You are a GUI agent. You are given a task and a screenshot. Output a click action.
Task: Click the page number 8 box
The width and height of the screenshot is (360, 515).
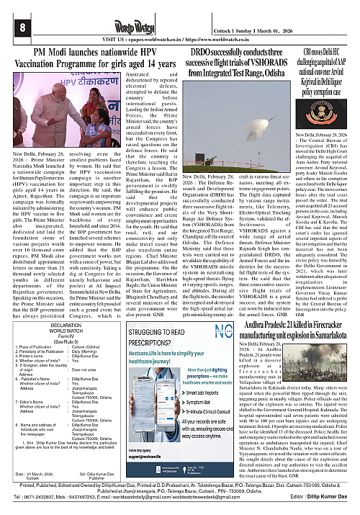click(11, 27)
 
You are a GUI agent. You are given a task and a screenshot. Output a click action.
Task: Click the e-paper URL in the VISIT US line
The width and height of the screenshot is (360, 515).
click(152, 38)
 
